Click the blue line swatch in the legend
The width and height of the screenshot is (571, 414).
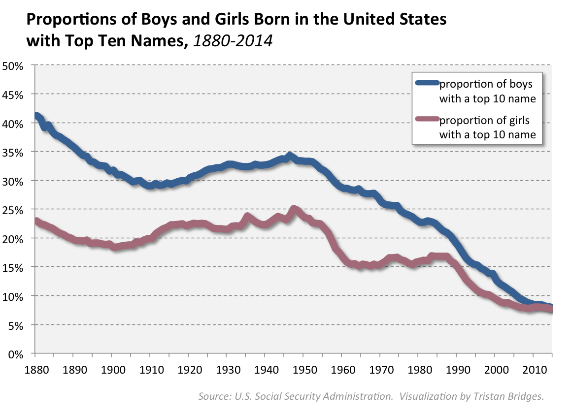point(427,83)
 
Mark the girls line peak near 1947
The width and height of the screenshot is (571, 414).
point(294,209)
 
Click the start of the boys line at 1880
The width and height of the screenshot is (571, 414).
point(36,116)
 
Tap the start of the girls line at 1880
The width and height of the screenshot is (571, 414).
point(36,222)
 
